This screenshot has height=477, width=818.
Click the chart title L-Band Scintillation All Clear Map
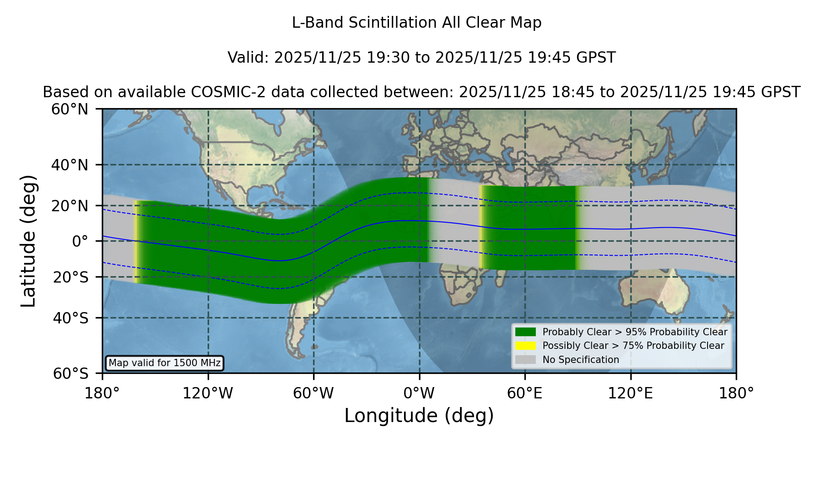tap(417, 23)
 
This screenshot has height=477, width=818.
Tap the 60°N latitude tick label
tap(70, 109)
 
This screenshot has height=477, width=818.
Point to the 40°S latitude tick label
tap(70, 318)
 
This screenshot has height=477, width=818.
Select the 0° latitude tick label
tap(80, 241)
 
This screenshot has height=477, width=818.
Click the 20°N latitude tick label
tap(70, 206)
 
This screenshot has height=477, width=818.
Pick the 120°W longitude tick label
tap(208, 393)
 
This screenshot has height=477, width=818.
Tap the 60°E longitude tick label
tap(525, 393)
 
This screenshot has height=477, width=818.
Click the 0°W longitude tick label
tap(419, 393)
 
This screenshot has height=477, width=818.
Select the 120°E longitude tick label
tap(630, 393)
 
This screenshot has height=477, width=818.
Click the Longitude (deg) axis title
tap(419, 416)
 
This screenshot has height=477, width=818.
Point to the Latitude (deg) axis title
tap(28, 241)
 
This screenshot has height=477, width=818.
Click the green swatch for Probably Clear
tap(525, 332)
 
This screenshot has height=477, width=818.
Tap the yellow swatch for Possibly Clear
tap(525, 346)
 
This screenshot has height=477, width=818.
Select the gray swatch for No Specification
tap(525, 360)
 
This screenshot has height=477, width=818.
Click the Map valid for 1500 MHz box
tap(165, 363)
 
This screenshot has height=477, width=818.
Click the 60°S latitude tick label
tap(70, 373)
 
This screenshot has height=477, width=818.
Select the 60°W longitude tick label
tap(313, 393)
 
